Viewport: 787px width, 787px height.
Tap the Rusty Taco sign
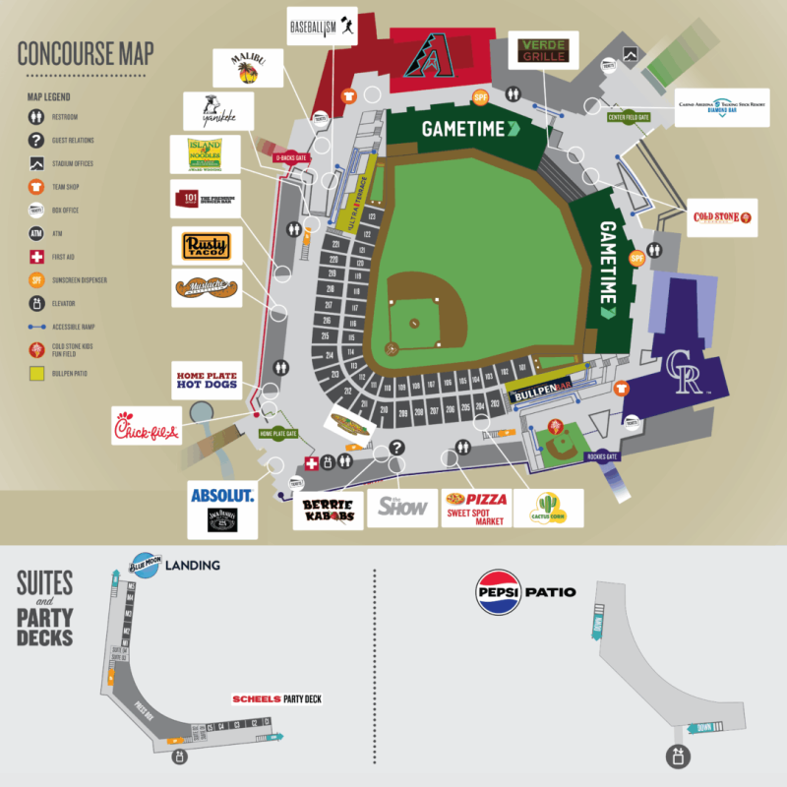(206, 245)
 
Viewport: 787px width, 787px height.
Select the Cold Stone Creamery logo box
(721, 217)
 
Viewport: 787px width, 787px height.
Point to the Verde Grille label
(543, 49)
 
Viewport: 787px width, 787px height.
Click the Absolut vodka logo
(222, 495)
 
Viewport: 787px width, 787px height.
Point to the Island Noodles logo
(204, 154)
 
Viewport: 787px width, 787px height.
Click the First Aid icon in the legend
(35, 256)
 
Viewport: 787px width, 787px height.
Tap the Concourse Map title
(86, 54)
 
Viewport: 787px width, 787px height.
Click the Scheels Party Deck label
(276, 699)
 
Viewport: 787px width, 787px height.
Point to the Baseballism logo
(323, 28)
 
